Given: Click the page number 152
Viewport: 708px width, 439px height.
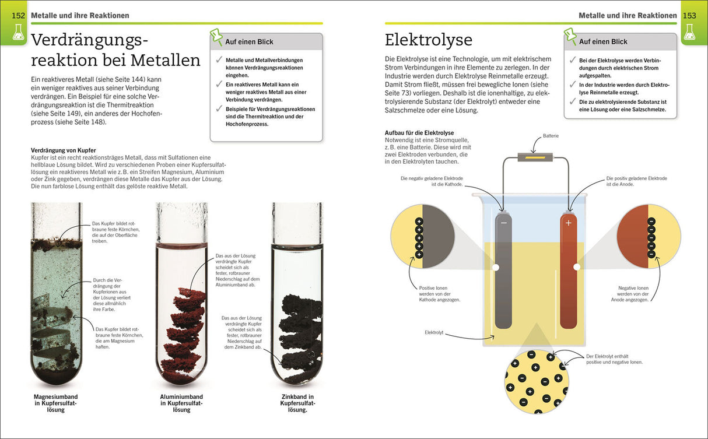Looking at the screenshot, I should [x=19, y=15].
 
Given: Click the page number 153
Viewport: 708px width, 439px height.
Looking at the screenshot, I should [x=689, y=15].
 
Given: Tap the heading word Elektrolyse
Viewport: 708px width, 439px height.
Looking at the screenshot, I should [x=429, y=40].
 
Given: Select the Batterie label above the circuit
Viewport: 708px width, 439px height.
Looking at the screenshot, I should [x=551, y=136].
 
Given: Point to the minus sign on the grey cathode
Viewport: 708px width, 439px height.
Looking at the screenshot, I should [x=503, y=222].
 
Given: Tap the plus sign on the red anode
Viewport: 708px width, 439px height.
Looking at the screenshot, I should [x=569, y=222].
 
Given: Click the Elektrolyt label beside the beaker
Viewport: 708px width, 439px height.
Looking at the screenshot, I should [x=434, y=332].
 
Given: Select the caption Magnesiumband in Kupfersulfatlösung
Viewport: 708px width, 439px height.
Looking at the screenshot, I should [x=56, y=403].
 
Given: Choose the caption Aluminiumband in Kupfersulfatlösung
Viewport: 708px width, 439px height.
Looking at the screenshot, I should [x=181, y=403].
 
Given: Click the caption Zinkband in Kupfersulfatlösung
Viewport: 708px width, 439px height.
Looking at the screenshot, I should [x=297, y=403].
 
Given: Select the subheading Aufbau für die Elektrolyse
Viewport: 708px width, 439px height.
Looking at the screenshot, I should [x=419, y=133].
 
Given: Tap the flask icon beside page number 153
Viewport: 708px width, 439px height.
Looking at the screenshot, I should [x=689, y=34].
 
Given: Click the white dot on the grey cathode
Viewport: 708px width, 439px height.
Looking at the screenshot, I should [x=496, y=267].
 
